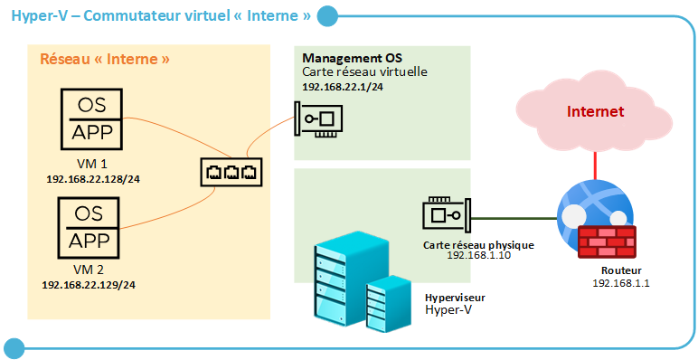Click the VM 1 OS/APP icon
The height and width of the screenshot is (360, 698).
(x=90, y=118)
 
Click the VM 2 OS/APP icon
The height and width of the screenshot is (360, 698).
(x=90, y=228)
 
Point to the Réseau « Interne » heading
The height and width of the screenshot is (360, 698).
(x=106, y=60)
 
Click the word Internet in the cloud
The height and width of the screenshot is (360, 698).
(x=595, y=112)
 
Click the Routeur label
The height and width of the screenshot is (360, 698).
(x=621, y=270)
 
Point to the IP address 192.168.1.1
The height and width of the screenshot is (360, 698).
(x=621, y=283)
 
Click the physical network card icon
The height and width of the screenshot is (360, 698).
(x=446, y=215)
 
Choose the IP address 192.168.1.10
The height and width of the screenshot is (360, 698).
(x=478, y=256)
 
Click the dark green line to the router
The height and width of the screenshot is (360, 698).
(x=515, y=217)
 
